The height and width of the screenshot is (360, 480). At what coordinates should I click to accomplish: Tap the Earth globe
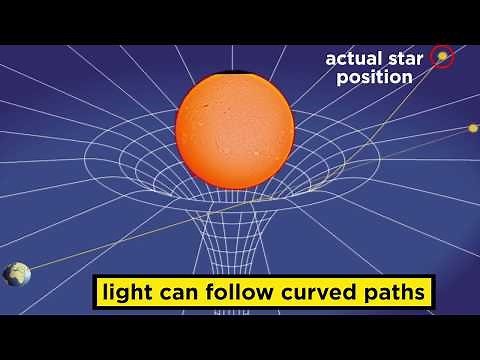pos(16,274)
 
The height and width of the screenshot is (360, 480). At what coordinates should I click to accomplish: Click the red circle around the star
pos(442,57)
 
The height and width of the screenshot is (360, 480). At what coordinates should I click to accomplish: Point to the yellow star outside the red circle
pos(473,128)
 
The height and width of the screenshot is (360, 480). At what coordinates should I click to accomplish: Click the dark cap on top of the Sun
pos(235,73)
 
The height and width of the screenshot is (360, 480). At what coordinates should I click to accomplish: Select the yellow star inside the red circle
pos(441,57)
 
